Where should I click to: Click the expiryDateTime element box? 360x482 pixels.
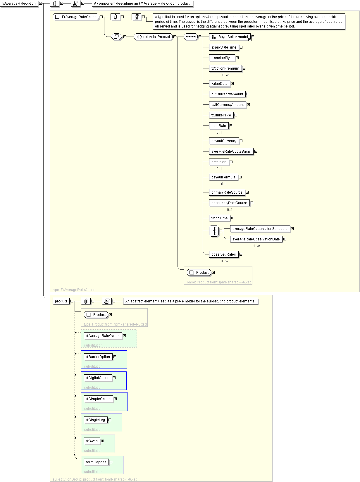click(x=224, y=47)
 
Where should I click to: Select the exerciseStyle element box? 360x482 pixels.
click(x=222, y=58)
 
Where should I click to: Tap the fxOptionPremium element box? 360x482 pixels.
click(x=225, y=68)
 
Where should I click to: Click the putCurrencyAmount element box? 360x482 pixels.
click(x=227, y=94)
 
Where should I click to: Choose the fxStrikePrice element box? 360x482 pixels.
click(x=221, y=115)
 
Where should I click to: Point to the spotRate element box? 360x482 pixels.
click(x=218, y=126)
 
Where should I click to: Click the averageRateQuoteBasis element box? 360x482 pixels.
click(x=231, y=152)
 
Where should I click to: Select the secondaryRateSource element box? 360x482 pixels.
click(x=229, y=203)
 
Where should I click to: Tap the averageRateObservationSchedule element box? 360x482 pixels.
click(x=260, y=229)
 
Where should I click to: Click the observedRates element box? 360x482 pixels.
click(x=223, y=254)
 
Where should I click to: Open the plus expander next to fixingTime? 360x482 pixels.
click(x=232, y=218)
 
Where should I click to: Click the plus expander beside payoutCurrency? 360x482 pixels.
click(x=241, y=141)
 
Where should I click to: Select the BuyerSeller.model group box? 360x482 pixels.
click(x=230, y=37)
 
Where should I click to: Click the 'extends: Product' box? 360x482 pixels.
click(x=153, y=37)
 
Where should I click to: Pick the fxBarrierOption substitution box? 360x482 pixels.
click(x=98, y=357)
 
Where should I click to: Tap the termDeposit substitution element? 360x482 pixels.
click(x=96, y=462)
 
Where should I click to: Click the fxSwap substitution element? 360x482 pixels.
click(x=92, y=441)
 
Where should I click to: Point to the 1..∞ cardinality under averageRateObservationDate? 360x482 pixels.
click(x=256, y=246)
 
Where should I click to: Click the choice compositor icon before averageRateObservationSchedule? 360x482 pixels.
click(x=214, y=231)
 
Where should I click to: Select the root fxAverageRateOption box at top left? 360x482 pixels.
click(x=19, y=4)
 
